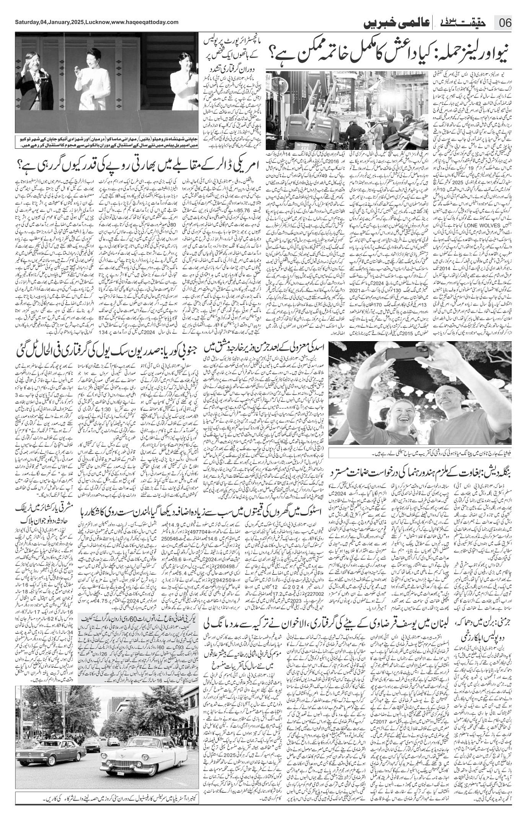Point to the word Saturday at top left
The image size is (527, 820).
point(26,22)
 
